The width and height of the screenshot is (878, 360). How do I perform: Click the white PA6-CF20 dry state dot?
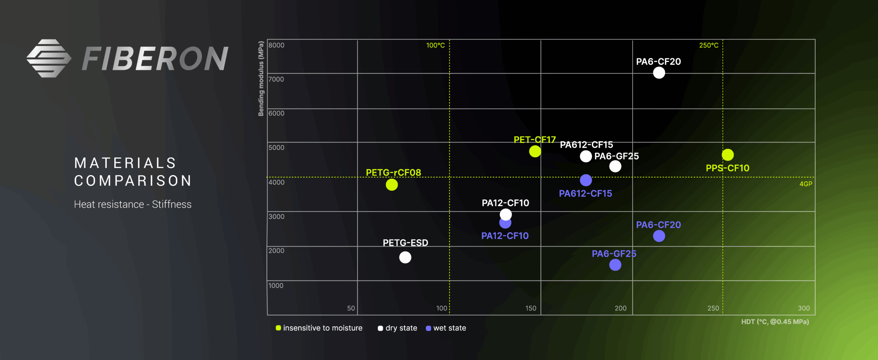[659, 73]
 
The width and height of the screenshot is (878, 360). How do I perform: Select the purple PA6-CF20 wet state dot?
[659, 236]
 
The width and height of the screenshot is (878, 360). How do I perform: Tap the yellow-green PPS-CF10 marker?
[727, 155]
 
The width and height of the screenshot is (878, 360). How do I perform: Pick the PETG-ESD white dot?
[405, 257]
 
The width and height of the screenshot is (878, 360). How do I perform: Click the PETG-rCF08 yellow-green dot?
[392, 185]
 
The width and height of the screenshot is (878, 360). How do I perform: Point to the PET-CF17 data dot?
[535, 151]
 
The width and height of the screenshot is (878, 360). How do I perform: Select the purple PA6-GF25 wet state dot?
[615, 265]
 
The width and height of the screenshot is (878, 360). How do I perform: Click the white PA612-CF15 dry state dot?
[586, 156]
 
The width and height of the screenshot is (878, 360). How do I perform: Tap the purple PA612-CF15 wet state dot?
[586, 180]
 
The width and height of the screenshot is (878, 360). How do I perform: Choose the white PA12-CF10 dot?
[506, 215]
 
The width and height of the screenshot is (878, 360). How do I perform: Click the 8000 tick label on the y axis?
[276, 45]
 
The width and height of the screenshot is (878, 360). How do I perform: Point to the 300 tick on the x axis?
[804, 308]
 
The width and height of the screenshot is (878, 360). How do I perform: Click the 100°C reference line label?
[435, 45]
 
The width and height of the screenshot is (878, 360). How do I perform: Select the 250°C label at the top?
[709, 45]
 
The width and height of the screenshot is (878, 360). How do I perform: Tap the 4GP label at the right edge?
[806, 184]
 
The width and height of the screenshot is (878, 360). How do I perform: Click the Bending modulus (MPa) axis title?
[261, 79]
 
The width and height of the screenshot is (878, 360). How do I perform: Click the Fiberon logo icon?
[49, 58]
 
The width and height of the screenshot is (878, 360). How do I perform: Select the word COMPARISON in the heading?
[133, 181]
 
